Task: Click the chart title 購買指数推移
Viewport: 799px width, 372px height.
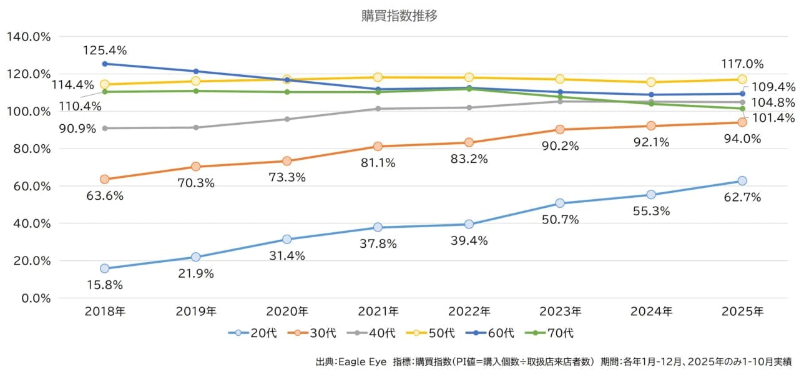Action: coord(399,16)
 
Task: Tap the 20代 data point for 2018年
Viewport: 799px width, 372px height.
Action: coord(105,268)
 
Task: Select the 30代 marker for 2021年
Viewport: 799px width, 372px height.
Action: coord(378,147)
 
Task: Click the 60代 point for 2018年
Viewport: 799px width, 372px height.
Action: coord(105,64)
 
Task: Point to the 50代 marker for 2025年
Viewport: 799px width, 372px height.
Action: coord(742,79)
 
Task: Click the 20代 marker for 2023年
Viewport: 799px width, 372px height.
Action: coord(560,203)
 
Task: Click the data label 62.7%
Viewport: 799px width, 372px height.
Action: coord(742,197)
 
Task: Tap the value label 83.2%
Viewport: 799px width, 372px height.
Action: coord(469,159)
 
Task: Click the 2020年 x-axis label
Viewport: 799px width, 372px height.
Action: coord(287,311)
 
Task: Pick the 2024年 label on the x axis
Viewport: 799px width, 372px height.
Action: coord(651,311)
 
